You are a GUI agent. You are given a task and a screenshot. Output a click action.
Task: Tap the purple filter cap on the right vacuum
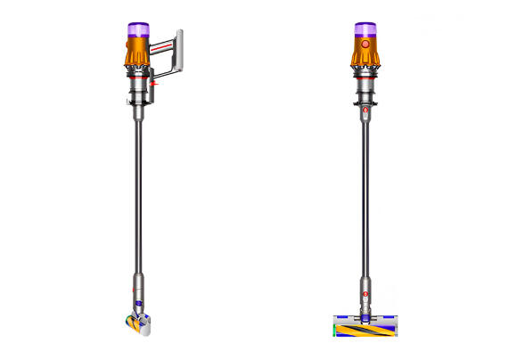coord(364,29)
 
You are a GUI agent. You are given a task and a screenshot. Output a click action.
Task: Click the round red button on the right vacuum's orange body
coord(364,44)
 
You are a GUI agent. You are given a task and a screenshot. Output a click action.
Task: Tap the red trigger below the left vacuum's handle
coord(154,83)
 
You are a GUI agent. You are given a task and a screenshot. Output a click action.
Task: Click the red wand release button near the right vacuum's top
coord(364,111)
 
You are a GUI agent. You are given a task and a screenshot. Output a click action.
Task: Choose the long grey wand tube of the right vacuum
coord(364,205)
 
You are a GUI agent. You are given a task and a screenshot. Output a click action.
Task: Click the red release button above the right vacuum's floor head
coord(364,291)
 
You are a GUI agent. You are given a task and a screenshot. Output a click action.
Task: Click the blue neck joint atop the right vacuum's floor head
coord(364,314)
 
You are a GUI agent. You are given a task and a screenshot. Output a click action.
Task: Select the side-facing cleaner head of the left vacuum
coord(138,326)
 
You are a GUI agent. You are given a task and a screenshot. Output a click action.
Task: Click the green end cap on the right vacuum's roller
coord(333,330)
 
